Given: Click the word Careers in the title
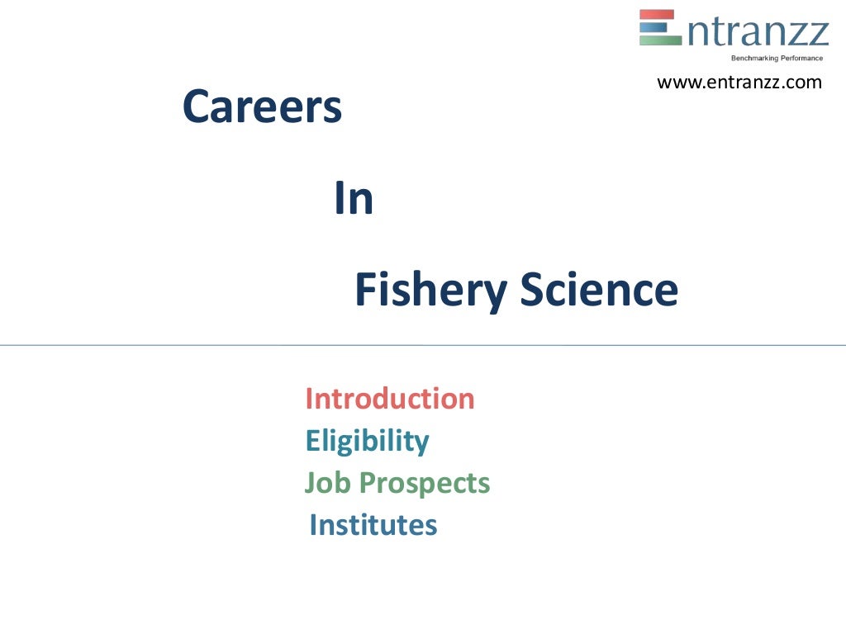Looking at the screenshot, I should (x=262, y=107).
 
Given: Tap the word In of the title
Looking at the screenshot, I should (x=354, y=199).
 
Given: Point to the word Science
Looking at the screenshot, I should (x=599, y=290).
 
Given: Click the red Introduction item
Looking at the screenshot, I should (x=390, y=399).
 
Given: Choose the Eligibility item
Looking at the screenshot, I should (x=367, y=442).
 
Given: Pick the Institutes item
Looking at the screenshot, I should (x=373, y=524).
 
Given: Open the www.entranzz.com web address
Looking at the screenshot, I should (x=739, y=83).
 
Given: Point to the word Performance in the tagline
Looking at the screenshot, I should (x=801, y=58).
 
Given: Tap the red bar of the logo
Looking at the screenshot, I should (x=658, y=14).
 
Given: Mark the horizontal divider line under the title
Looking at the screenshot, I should (x=423, y=345).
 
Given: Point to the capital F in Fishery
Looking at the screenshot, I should (x=364, y=291).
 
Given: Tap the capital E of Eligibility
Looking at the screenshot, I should (x=312, y=441).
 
